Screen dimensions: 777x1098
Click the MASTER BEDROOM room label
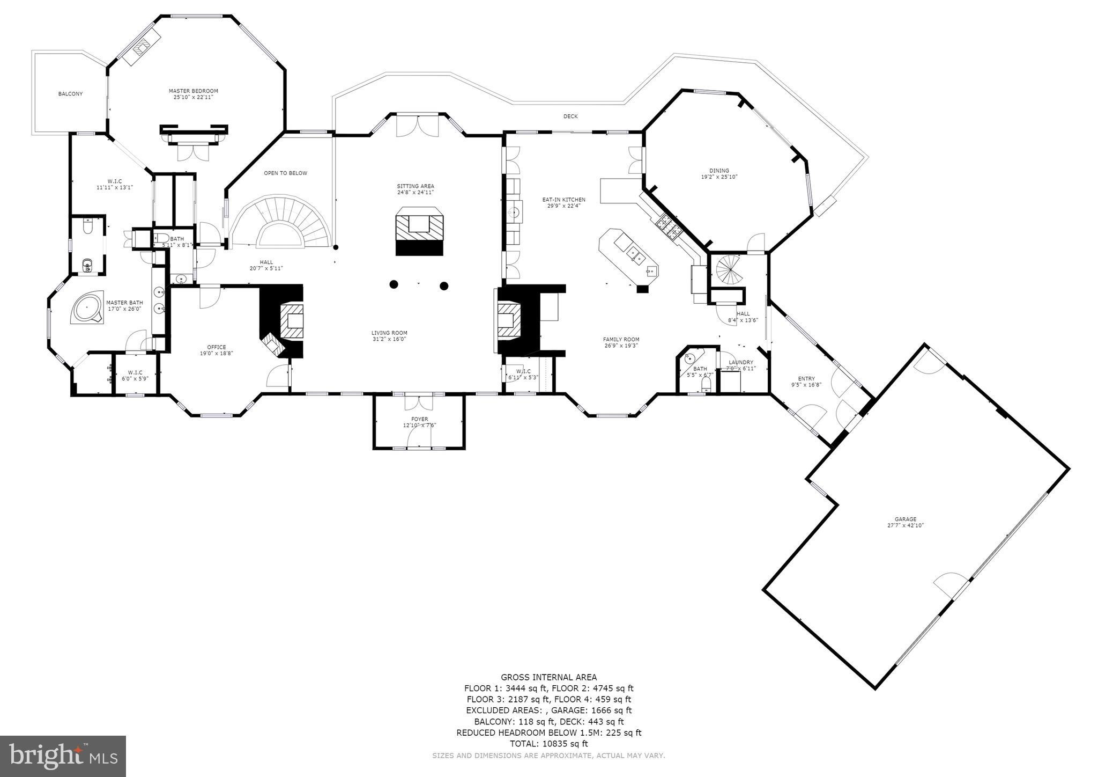(x=193, y=91)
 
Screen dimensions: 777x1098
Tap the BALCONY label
(x=70, y=94)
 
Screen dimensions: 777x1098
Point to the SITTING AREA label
(x=416, y=186)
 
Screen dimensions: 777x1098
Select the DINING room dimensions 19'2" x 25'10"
(x=719, y=177)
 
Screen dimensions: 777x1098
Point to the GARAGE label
(x=905, y=519)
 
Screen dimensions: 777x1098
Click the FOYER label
(x=419, y=419)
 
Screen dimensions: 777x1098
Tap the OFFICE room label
(x=217, y=347)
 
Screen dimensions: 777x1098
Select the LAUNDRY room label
(x=740, y=362)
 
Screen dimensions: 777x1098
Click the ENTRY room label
(x=806, y=378)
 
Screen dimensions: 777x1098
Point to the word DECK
(x=570, y=116)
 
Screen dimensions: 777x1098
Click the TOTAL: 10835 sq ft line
(x=548, y=744)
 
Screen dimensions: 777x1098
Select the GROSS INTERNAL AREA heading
(x=548, y=677)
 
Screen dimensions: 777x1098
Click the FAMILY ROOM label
(x=621, y=339)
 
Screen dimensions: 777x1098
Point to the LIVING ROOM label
(x=390, y=333)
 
